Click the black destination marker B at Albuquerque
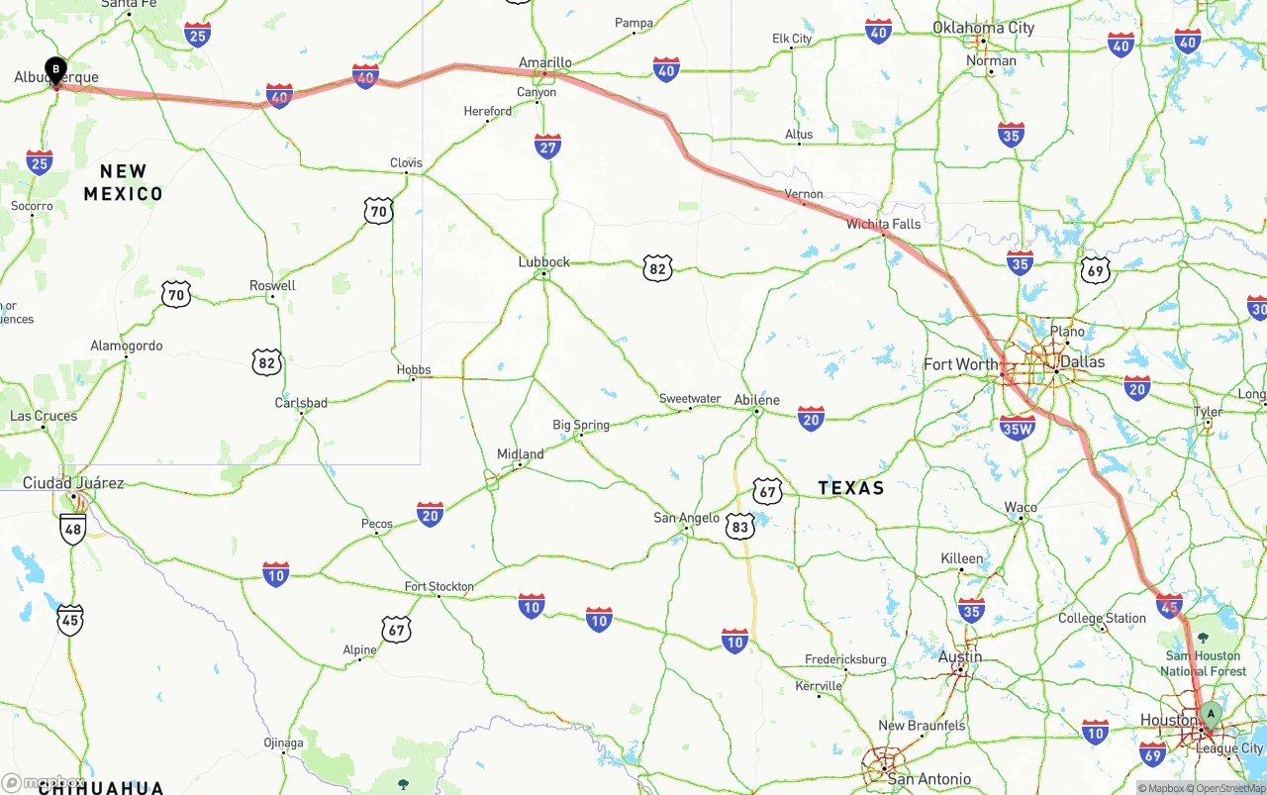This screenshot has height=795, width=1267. (56, 70)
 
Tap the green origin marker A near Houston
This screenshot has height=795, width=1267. (1211, 714)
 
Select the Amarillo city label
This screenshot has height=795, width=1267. (544, 62)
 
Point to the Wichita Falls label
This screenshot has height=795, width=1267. (883, 224)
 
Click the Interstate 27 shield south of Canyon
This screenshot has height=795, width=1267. (547, 147)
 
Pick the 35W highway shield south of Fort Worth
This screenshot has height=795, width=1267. (1018, 428)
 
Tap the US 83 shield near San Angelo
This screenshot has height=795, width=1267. (740, 526)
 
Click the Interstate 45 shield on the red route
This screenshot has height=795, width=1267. (1169, 604)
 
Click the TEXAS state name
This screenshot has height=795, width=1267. (851, 488)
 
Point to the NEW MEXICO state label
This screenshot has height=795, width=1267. (124, 183)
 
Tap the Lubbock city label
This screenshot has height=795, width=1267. (544, 262)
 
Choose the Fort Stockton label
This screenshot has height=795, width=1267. (439, 586)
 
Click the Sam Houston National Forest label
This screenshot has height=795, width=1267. (1204, 663)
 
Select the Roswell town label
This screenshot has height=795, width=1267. (272, 285)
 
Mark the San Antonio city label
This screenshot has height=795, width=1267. (928, 779)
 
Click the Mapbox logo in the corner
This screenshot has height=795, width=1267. (45, 782)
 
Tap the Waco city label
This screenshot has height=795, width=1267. (1021, 507)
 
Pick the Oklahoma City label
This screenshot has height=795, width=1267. (983, 28)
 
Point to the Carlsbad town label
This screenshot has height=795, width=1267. (301, 403)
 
